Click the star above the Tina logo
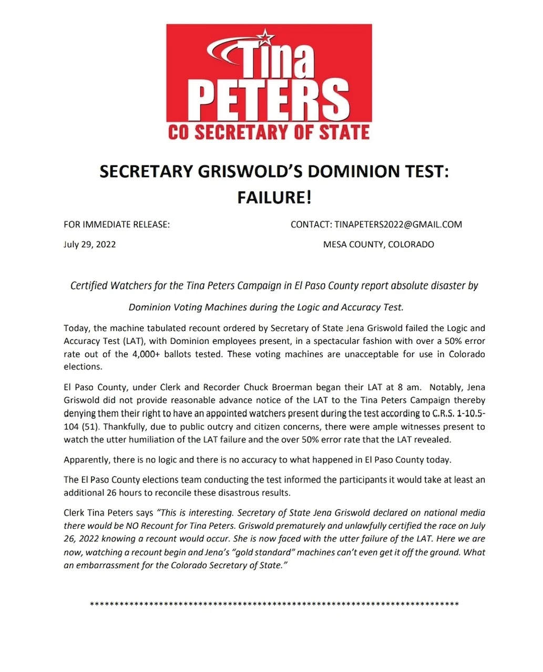267,37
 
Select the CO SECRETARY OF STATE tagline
269,132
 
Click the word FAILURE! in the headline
274,197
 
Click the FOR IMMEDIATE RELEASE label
117,225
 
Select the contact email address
398,225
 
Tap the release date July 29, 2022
90,245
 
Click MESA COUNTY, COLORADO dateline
378,245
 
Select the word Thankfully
124,427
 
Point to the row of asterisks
274,604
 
